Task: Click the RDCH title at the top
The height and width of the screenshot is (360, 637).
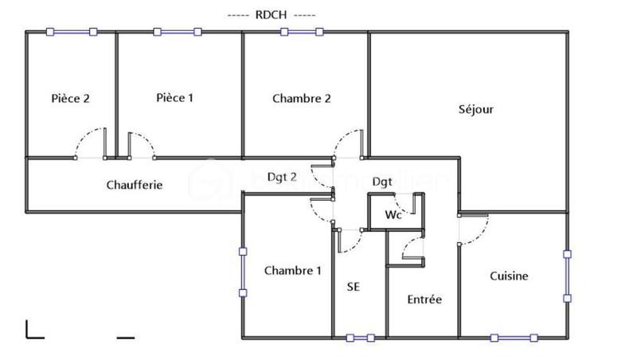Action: click(x=272, y=15)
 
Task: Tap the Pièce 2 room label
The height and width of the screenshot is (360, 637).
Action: click(x=70, y=99)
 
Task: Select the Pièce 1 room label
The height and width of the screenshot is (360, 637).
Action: click(x=174, y=98)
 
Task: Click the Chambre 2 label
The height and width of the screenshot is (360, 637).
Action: click(x=301, y=99)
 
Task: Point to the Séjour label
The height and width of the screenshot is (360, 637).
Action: click(x=476, y=109)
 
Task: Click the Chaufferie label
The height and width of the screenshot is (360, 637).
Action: click(x=135, y=185)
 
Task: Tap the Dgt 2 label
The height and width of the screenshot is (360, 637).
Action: click(x=282, y=177)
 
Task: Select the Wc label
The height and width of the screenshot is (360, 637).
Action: click(x=393, y=215)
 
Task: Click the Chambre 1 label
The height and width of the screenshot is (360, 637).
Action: click(x=293, y=270)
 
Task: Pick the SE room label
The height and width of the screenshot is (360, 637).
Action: click(x=354, y=287)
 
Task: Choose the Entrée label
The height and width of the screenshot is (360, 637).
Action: click(x=424, y=299)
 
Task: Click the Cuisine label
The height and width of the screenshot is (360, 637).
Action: click(x=509, y=276)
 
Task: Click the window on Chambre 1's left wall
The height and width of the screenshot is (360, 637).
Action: click(x=243, y=272)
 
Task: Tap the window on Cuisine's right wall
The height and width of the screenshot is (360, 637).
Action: click(x=567, y=276)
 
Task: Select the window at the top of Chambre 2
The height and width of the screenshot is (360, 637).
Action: click(x=302, y=32)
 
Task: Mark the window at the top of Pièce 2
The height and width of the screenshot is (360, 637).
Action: click(x=72, y=32)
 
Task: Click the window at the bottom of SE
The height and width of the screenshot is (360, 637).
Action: click(x=360, y=338)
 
